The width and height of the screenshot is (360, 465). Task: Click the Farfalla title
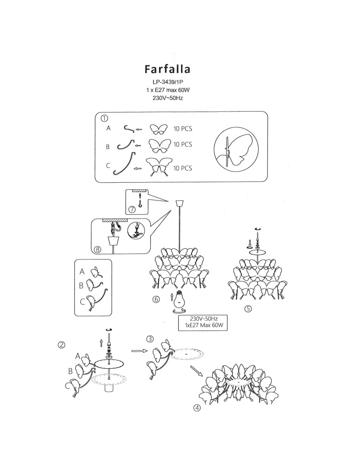pyautogui.click(x=167, y=69)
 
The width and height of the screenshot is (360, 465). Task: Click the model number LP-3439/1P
pyautogui.click(x=168, y=82)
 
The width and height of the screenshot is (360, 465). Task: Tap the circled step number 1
pyautogui.click(x=104, y=118)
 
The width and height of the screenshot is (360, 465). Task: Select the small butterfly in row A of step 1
pyautogui.click(x=158, y=129)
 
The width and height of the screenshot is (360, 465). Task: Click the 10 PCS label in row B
pyautogui.click(x=183, y=145)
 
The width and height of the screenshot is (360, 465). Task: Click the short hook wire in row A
pyautogui.click(x=129, y=128)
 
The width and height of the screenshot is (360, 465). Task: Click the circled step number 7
pyautogui.click(x=132, y=209)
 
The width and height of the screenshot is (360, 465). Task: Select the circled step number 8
pyautogui.click(x=97, y=249)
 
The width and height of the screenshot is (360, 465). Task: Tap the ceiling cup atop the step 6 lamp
pyautogui.click(x=180, y=203)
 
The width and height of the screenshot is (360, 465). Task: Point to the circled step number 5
pyautogui.click(x=248, y=309)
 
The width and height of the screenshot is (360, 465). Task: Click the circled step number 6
pyautogui.click(x=156, y=299)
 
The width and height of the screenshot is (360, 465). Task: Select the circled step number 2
pyautogui.click(x=62, y=345)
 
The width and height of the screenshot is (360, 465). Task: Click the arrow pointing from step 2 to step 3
pyautogui.click(x=140, y=351)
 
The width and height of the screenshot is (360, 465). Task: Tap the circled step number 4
pyautogui.click(x=197, y=408)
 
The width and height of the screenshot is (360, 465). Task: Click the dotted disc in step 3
pyautogui.click(x=187, y=354)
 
